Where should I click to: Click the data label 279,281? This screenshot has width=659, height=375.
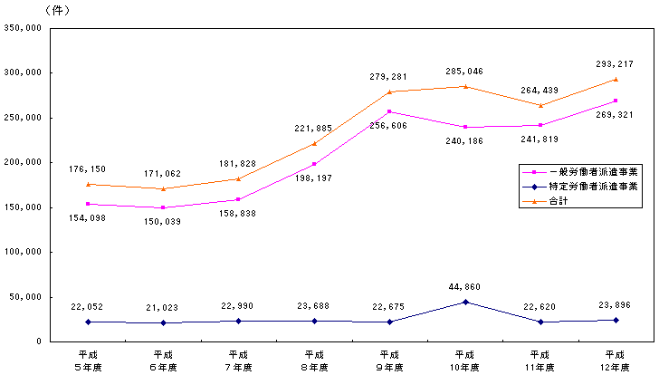[389, 76]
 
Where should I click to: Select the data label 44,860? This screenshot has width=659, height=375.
[464, 287]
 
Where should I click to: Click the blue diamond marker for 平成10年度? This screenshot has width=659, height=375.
[464, 302]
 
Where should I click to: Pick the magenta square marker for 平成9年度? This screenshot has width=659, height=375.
[389, 111]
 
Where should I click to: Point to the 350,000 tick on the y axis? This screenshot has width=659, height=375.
[24, 28]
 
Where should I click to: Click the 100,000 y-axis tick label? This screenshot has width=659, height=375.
[24, 252]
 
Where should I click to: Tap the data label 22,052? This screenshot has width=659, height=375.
[88, 308]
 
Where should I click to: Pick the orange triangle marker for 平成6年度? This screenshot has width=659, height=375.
[163, 188]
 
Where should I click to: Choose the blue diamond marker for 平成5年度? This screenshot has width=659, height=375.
[88, 322]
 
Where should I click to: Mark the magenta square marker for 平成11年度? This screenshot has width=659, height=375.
[540, 125]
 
